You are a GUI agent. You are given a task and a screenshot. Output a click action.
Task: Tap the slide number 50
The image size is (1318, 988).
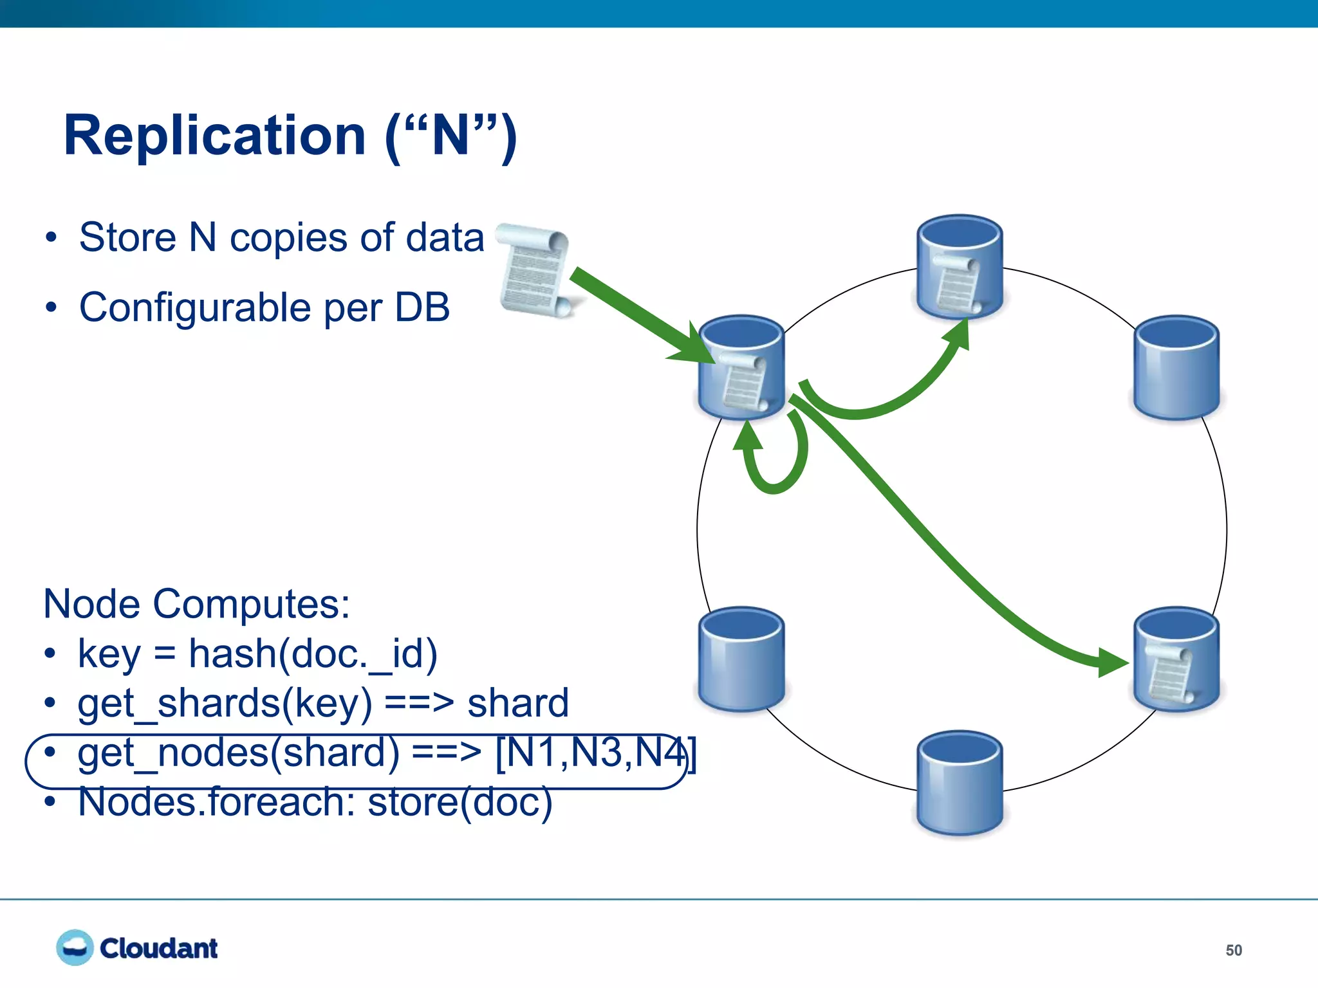[x=1233, y=950]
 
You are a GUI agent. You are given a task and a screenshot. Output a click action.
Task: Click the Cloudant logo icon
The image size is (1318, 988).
[x=75, y=947]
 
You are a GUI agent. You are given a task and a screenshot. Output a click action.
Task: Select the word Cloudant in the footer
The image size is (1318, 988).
[x=158, y=949]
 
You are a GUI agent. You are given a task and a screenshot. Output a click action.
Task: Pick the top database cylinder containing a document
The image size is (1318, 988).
[x=960, y=267]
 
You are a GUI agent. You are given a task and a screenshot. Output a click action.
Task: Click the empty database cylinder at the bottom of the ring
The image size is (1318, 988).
[x=960, y=783]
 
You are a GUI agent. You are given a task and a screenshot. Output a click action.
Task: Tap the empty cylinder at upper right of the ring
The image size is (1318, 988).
[x=1176, y=368]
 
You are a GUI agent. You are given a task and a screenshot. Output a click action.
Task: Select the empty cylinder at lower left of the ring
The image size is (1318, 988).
[x=741, y=659]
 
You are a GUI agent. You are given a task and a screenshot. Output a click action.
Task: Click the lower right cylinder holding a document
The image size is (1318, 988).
[x=1176, y=659]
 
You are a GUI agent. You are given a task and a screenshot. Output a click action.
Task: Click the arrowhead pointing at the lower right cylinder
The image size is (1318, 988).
[x=1111, y=663]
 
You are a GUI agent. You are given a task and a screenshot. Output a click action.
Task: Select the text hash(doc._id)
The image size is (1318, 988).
[x=313, y=654]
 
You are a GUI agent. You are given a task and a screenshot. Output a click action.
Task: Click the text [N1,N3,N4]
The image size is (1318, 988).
[x=595, y=753]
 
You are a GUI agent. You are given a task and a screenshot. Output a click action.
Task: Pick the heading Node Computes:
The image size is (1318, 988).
[x=196, y=604]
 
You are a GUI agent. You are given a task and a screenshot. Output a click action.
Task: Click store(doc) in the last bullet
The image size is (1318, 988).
[x=459, y=802]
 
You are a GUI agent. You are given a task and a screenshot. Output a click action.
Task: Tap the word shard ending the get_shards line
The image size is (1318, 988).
[x=518, y=703]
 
